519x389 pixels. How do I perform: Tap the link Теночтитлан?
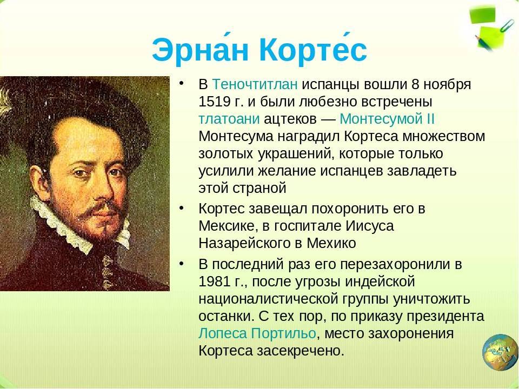[255, 84]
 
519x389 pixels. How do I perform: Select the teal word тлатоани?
[229, 119]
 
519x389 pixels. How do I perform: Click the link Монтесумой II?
[387, 119]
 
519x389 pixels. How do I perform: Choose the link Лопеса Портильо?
[257, 333]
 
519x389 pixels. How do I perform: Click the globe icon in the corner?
[500, 352]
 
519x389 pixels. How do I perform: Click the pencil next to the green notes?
[484, 43]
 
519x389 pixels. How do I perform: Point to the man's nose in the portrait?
[103, 189]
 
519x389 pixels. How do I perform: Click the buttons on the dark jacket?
[107, 272]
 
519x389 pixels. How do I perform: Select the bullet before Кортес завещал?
[181, 208]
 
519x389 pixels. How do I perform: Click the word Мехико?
[331, 244]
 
